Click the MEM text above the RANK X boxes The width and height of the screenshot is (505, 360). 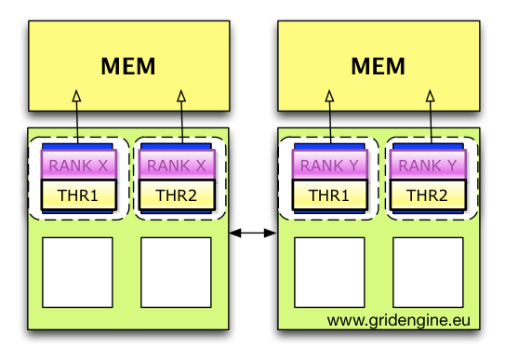pyautogui.click(x=128, y=67)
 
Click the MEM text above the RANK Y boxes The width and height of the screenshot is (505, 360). pyautogui.click(x=379, y=67)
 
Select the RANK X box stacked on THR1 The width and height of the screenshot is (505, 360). pyautogui.click(x=78, y=166)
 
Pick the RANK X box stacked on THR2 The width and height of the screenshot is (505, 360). pyautogui.click(x=177, y=166)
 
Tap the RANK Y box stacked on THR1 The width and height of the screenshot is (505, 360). pyautogui.click(x=329, y=166)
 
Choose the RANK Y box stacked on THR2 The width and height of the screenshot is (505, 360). pyautogui.click(x=428, y=166)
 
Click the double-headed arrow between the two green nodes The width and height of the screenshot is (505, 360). pyautogui.click(x=252, y=233)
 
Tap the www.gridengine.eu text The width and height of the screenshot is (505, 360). pyautogui.click(x=399, y=321)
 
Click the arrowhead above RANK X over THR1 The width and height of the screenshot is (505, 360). pyautogui.click(x=78, y=95)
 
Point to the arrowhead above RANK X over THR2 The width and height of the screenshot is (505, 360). pyautogui.click(x=181, y=95)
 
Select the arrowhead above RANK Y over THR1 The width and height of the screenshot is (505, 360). pyautogui.click(x=329, y=95)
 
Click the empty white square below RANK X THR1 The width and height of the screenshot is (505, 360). pyautogui.click(x=78, y=273)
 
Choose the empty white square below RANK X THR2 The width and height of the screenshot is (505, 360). pyautogui.click(x=177, y=273)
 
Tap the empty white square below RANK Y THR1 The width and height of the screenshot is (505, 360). pyautogui.click(x=329, y=273)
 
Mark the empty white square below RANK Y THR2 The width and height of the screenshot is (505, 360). pyautogui.click(x=428, y=273)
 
